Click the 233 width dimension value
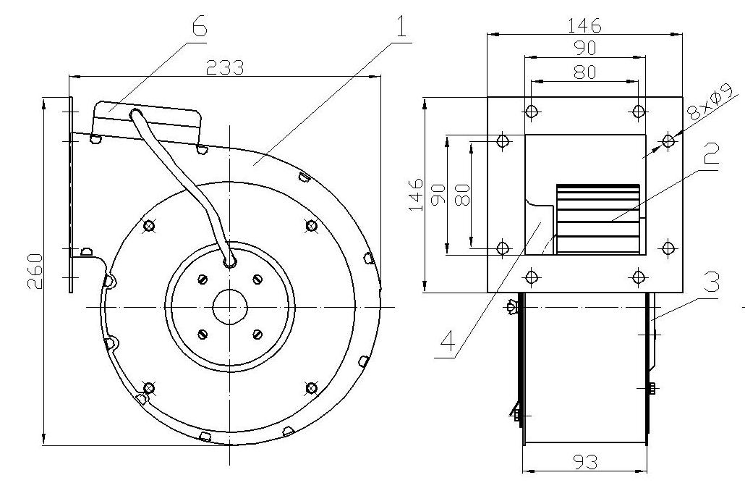click(225, 67)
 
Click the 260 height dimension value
click(35, 272)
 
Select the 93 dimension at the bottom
click(585, 461)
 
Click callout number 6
click(200, 27)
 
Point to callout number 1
click(402, 27)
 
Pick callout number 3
click(711, 282)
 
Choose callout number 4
click(448, 341)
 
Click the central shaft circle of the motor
click(229, 308)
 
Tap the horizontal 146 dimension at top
click(585, 25)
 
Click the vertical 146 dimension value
click(416, 195)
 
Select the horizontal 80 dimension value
click(584, 72)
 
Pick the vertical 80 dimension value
click(462, 195)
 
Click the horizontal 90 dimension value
click(585, 48)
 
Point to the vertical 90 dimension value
click(438, 195)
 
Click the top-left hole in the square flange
click(532, 112)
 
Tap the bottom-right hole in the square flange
click(639, 276)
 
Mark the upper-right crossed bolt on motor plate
click(312, 225)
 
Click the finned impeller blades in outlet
click(597, 219)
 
